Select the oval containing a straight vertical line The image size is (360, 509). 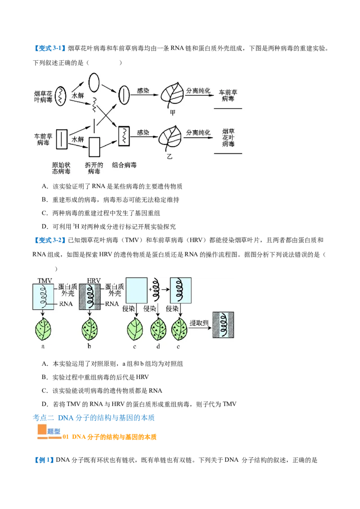tap(124, 95)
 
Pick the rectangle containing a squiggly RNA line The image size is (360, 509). tap(124, 136)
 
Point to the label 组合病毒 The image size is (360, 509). tap(124, 165)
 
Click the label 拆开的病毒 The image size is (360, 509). tap(94, 168)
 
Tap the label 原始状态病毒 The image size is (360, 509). tap(61, 168)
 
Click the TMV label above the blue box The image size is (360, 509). tap(45, 281)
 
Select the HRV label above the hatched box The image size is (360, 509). tap(94, 281)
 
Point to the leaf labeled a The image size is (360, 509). tap(43, 329)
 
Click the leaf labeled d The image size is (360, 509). tap(158, 329)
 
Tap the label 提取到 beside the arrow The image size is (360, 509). tap(199, 323)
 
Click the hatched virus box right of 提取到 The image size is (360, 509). tap(223, 325)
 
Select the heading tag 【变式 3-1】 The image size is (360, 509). tap(49, 49)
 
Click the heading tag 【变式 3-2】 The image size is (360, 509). tap(49, 240)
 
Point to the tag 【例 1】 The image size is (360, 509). tap(44, 460)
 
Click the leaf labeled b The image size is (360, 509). tap(90, 329)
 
